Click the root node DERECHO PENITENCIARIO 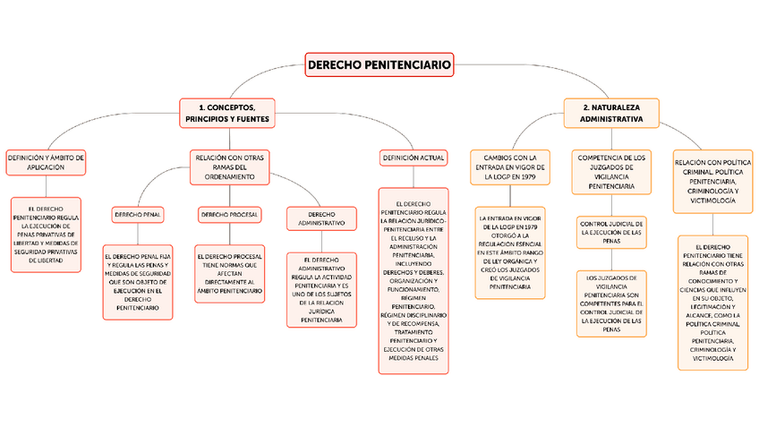[x=379, y=64]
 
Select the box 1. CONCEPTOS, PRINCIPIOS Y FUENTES [x=227, y=113]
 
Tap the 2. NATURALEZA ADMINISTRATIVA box [x=611, y=112]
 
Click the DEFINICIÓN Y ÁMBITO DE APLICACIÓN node [x=46, y=162]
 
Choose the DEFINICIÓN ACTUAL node [x=413, y=158]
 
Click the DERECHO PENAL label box [x=137, y=215]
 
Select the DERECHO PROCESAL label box [x=230, y=215]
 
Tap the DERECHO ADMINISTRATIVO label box [x=321, y=218]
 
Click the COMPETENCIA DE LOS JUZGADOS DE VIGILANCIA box [x=611, y=172]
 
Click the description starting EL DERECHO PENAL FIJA [x=137, y=281]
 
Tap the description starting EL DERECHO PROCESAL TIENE [x=230, y=273]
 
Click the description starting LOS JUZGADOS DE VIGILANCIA [x=611, y=303]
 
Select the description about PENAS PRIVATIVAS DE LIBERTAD [x=46, y=235]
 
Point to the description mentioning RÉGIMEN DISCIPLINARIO [x=413, y=280]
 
